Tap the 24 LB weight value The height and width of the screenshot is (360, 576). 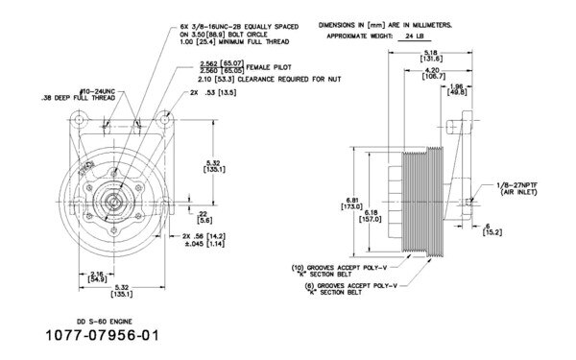click(x=415, y=34)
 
